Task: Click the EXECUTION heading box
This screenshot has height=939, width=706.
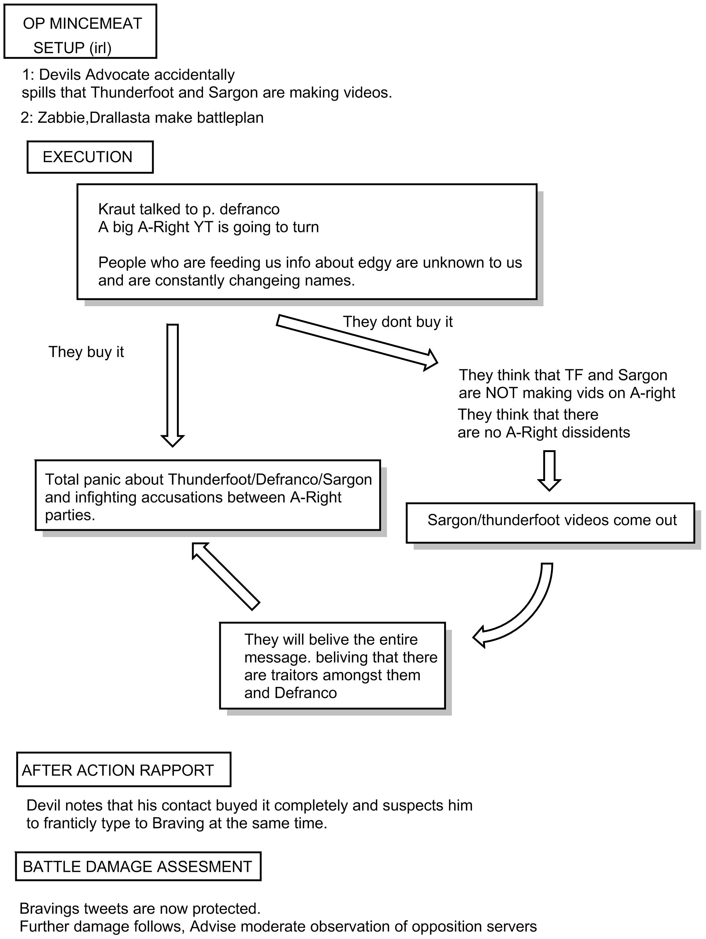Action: coord(90,157)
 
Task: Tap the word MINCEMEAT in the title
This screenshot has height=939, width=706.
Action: coord(95,23)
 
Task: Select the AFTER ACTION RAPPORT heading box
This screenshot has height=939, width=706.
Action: coord(124,770)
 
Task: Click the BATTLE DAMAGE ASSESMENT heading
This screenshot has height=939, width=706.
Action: coord(138,866)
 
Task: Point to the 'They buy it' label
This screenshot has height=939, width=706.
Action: coord(86,352)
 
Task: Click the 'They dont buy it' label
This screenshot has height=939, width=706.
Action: coord(398,322)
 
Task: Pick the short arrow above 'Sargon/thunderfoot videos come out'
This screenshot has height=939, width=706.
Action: coord(549,471)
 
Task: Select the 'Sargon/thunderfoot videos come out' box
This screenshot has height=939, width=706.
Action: coord(550,523)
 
